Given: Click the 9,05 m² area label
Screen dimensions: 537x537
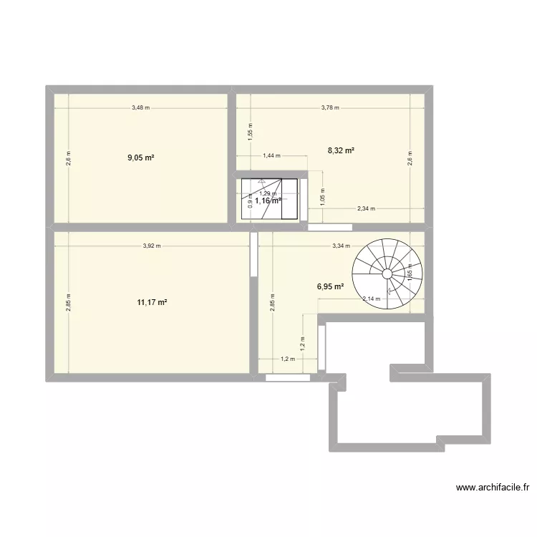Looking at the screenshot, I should point(141,158).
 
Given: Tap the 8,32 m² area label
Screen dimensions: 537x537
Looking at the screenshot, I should point(342,150).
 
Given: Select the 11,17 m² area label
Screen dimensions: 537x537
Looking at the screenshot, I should point(153,303).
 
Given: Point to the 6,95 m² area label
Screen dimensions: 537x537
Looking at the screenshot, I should point(331,286).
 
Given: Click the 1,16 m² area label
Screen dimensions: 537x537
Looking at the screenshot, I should point(268,201).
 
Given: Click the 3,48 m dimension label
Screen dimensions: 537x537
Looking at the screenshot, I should point(141,108).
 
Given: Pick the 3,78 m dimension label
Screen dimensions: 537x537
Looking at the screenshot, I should point(330,108).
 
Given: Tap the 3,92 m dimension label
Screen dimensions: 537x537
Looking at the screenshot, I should point(151,246).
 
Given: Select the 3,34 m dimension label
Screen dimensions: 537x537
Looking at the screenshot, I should point(341,246).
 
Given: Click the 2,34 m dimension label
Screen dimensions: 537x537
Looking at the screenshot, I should point(367,209).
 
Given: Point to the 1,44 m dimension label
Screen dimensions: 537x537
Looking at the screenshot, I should point(273,155).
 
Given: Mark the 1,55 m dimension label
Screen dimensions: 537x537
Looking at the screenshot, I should point(250,134).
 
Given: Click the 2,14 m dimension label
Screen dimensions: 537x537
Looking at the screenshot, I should point(372,299).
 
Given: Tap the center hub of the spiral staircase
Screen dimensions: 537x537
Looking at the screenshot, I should point(387,274).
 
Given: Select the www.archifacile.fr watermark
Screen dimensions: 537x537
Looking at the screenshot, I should point(493,488).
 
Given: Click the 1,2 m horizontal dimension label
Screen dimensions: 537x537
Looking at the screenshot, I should point(288,359).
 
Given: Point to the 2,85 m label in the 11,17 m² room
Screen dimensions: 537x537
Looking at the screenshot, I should point(69,302).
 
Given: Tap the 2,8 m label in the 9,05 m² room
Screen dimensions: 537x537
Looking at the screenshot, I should point(69,158).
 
